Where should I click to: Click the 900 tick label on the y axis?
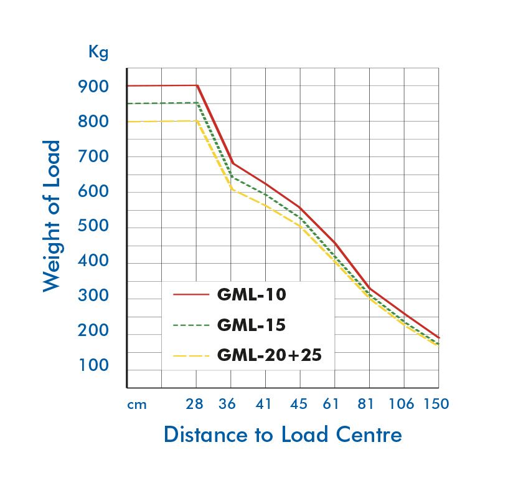[93, 87]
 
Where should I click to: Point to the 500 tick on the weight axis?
[93, 226]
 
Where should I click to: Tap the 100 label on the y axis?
[93, 366]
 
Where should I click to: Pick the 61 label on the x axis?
[331, 404]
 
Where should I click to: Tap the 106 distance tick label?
[402, 404]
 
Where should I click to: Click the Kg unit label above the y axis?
[98, 52]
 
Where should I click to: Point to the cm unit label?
[137, 405]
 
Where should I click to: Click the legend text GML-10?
[252, 294]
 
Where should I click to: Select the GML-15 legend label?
[252, 325]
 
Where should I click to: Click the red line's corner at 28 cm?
[197, 85]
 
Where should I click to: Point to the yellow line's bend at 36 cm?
[232, 188]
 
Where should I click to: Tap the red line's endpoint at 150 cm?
[438, 337]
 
